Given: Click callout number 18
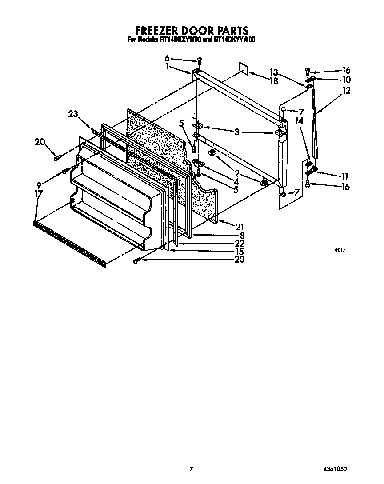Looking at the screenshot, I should click(274, 81).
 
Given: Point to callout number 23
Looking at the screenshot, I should click(73, 114).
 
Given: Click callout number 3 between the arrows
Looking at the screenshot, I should click(237, 132).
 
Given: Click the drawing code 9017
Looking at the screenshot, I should click(340, 250).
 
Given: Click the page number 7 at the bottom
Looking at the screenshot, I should click(191, 469).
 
